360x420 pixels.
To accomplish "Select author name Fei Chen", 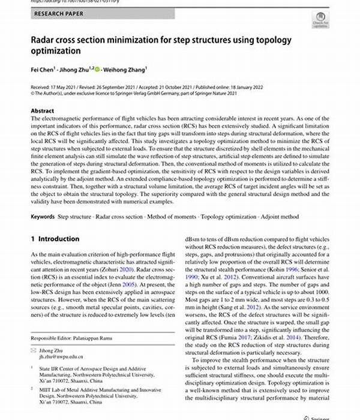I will click(44, 69).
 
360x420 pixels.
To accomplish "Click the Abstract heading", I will click(43, 111).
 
